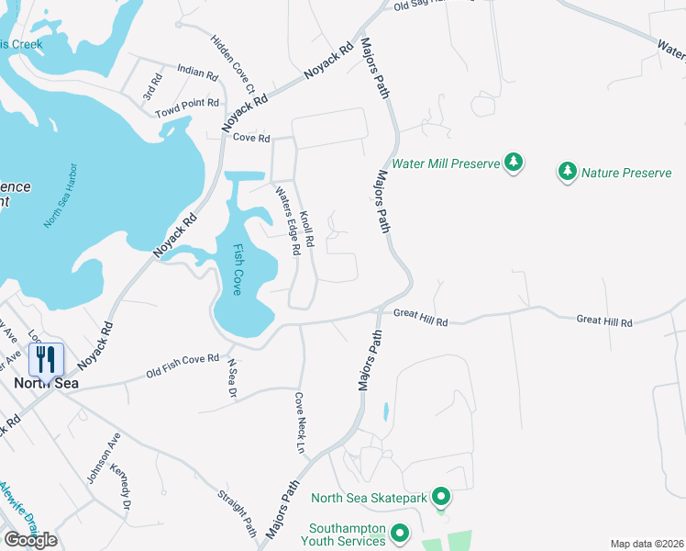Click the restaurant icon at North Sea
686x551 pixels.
[46, 359]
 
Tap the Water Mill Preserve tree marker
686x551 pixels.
[514, 163]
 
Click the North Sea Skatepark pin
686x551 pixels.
[441, 499]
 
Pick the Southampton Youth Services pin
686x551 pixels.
[400, 534]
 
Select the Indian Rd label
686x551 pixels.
[197, 73]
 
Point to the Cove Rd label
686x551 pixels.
[251, 138]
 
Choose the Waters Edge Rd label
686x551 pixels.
[288, 220]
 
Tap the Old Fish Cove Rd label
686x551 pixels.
[183, 365]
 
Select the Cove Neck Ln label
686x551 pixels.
[299, 423]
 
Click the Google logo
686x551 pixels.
[30, 540]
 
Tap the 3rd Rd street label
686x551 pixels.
[149, 89]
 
